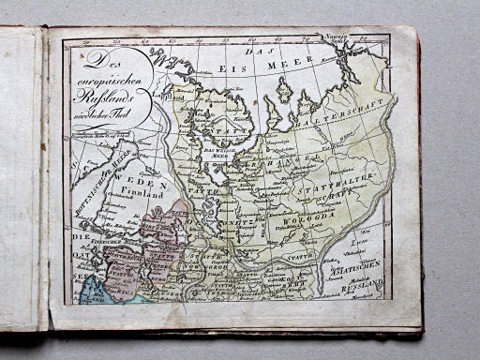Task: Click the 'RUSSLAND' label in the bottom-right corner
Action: (x=361, y=289)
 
